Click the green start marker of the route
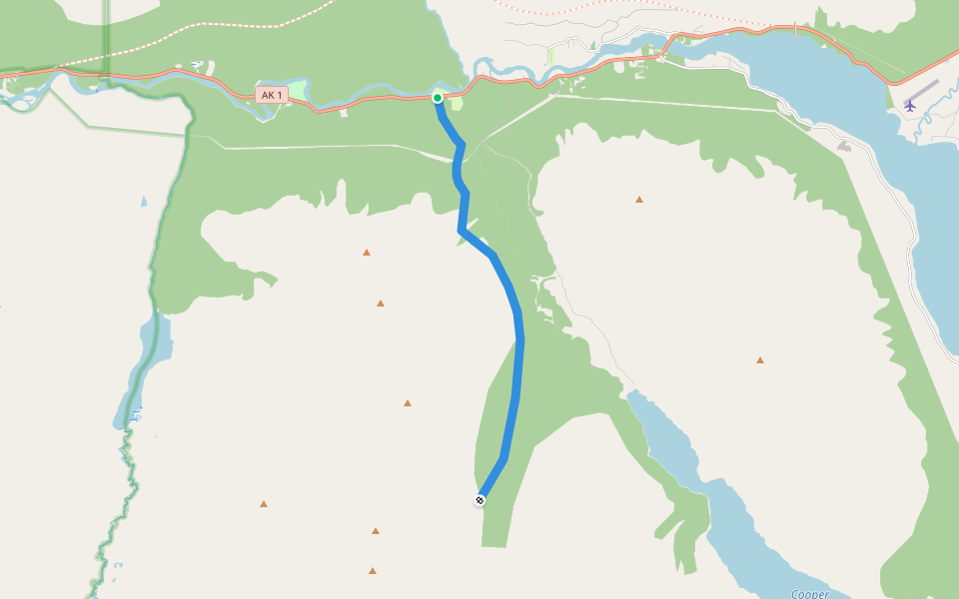coord(438,97)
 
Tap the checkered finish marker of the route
coord(479,499)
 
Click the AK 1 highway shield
coord(271,95)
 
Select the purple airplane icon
coord(910,104)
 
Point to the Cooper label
coord(810,593)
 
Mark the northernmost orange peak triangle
coord(639,199)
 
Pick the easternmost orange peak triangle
coord(760,359)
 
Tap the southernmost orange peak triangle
coord(372,570)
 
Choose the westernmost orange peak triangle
coord(264,503)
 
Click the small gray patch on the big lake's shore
coord(845,146)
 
